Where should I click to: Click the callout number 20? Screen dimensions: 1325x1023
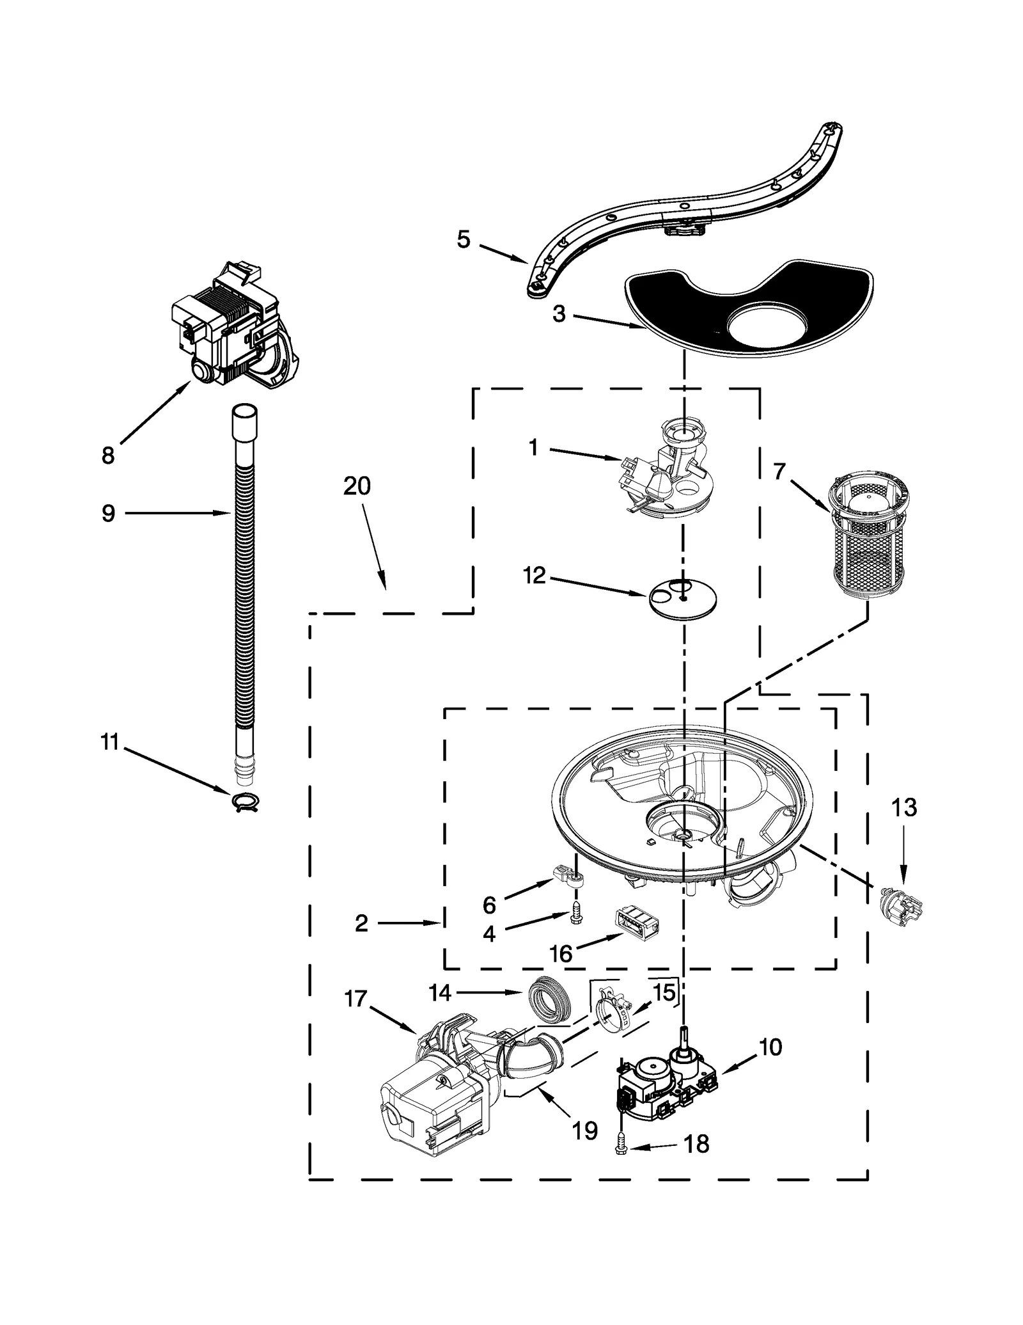point(357,486)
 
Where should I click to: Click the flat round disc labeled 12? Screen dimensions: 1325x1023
point(682,598)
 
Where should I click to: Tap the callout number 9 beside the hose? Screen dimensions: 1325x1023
point(108,512)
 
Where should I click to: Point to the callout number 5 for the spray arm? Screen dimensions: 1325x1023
point(464,240)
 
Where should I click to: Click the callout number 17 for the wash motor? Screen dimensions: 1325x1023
point(355,998)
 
